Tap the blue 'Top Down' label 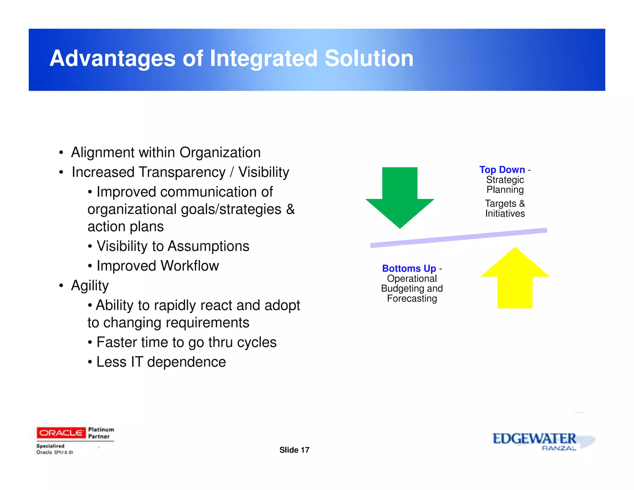tap(502, 170)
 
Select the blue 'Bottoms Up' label tap(409, 268)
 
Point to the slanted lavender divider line tap(458, 238)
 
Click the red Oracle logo tap(61, 433)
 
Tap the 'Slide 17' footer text tap(294, 450)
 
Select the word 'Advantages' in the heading tap(112, 59)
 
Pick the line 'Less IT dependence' tap(161, 362)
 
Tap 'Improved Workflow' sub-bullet tap(158, 266)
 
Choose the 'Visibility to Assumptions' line tap(173, 246)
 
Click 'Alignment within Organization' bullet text tap(166, 152)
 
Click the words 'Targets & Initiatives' tap(505, 208)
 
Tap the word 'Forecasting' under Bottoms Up tap(412, 299)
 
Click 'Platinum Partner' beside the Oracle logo tap(101, 433)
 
